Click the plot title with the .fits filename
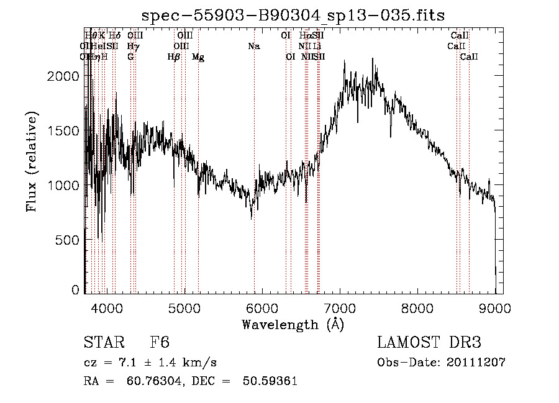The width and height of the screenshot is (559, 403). (x=293, y=14)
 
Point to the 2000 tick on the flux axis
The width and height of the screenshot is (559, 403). (x=66, y=75)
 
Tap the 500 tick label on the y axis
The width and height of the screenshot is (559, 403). (x=69, y=240)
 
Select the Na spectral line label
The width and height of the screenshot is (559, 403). (x=253, y=47)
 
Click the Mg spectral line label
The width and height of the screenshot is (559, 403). (x=198, y=57)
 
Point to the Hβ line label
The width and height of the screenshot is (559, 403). (x=174, y=57)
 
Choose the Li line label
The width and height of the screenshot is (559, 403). (x=317, y=47)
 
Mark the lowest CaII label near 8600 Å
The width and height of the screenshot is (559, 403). (x=469, y=57)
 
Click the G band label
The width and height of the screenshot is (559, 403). (x=130, y=57)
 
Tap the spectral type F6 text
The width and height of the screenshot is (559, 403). (x=160, y=343)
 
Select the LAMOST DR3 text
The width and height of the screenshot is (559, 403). (x=429, y=343)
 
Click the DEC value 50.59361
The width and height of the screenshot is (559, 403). (x=272, y=381)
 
